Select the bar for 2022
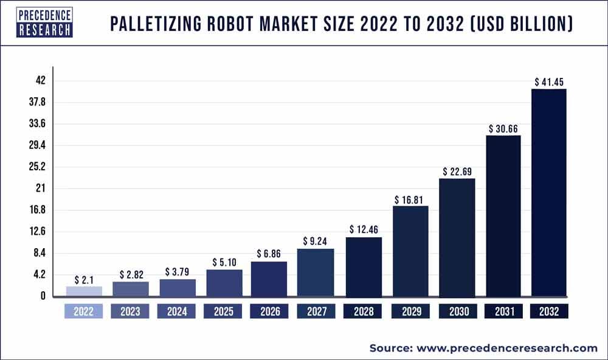pyautogui.click(x=84, y=291)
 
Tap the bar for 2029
pyautogui.click(x=410, y=251)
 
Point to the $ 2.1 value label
pyautogui.click(x=84, y=280)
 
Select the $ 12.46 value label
pyautogui.click(x=364, y=230)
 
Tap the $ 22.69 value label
pyautogui.click(x=457, y=171)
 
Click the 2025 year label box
pyautogui.click(x=223, y=311)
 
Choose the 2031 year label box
pyautogui.click(x=503, y=311)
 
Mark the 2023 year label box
pyautogui.click(x=130, y=311)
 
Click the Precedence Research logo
pyautogui.click(x=44, y=22)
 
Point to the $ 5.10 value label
pyautogui.click(x=223, y=263)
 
